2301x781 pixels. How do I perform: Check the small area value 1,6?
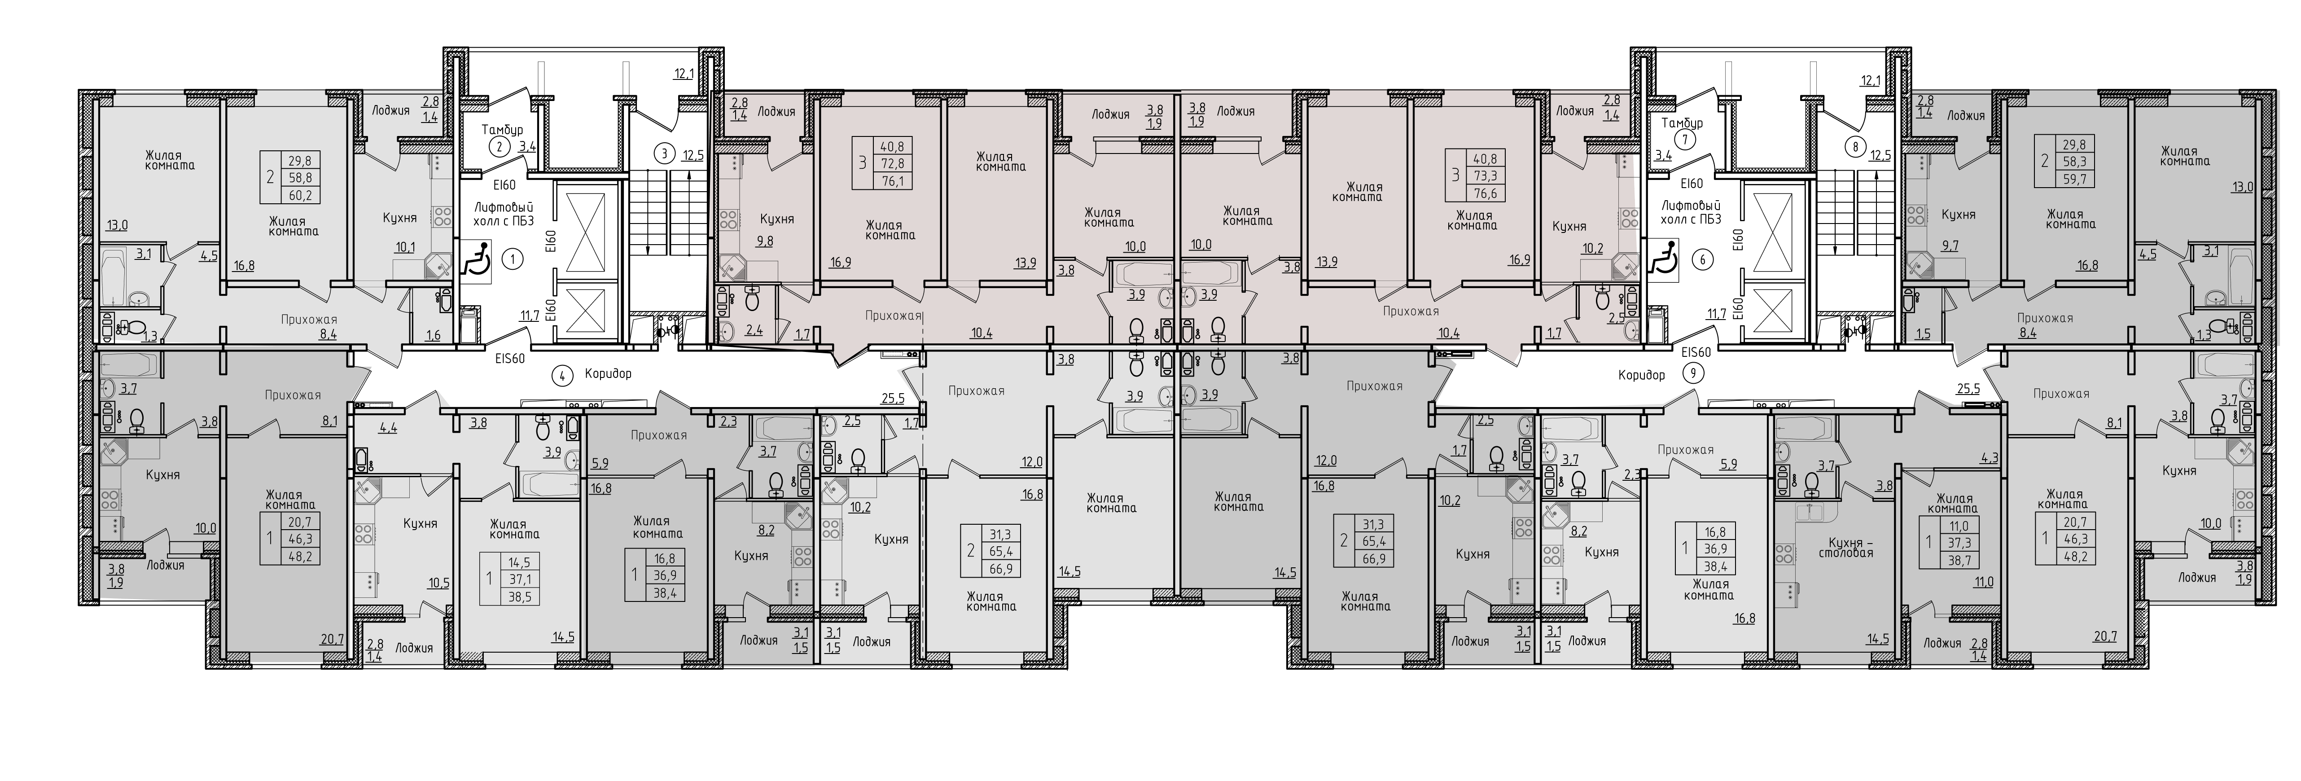433,336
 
